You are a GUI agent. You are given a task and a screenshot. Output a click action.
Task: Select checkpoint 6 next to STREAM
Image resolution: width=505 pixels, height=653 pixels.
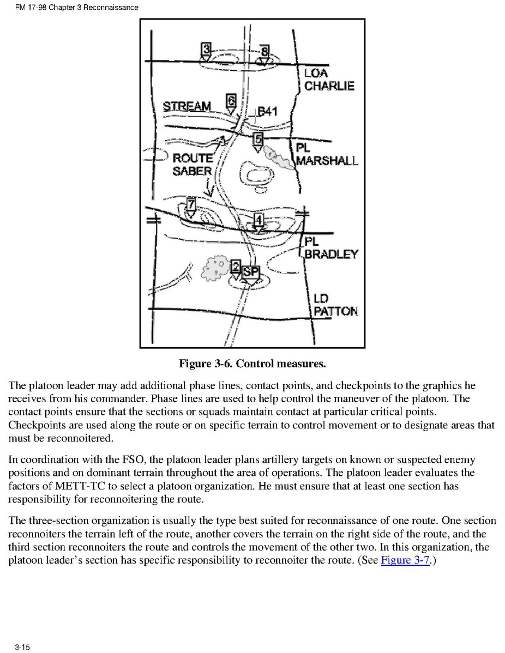[231, 101]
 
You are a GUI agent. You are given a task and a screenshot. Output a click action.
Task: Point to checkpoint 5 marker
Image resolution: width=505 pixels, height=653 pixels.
[258, 138]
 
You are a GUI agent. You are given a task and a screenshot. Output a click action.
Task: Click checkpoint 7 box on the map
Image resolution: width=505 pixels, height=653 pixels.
[191, 205]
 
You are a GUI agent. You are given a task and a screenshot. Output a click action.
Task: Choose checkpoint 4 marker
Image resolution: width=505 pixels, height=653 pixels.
[258, 220]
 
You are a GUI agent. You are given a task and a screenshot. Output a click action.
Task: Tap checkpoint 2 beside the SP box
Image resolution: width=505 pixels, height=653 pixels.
[235, 267]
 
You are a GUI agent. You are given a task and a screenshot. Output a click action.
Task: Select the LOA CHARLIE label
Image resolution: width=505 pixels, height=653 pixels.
[329, 80]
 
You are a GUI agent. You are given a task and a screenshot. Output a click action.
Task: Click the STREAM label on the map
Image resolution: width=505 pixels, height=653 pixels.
[187, 106]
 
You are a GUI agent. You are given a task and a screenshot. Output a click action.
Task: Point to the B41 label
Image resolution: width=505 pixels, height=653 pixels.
[267, 112]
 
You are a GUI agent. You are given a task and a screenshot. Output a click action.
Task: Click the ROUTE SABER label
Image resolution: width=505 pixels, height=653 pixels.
[193, 164]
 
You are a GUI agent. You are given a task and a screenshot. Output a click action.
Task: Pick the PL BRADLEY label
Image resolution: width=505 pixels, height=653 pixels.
[330, 248]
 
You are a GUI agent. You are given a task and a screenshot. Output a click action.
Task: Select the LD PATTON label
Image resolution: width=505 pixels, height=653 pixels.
[335, 306]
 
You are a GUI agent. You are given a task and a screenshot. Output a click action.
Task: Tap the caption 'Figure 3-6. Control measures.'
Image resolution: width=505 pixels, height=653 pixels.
[253, 362]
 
